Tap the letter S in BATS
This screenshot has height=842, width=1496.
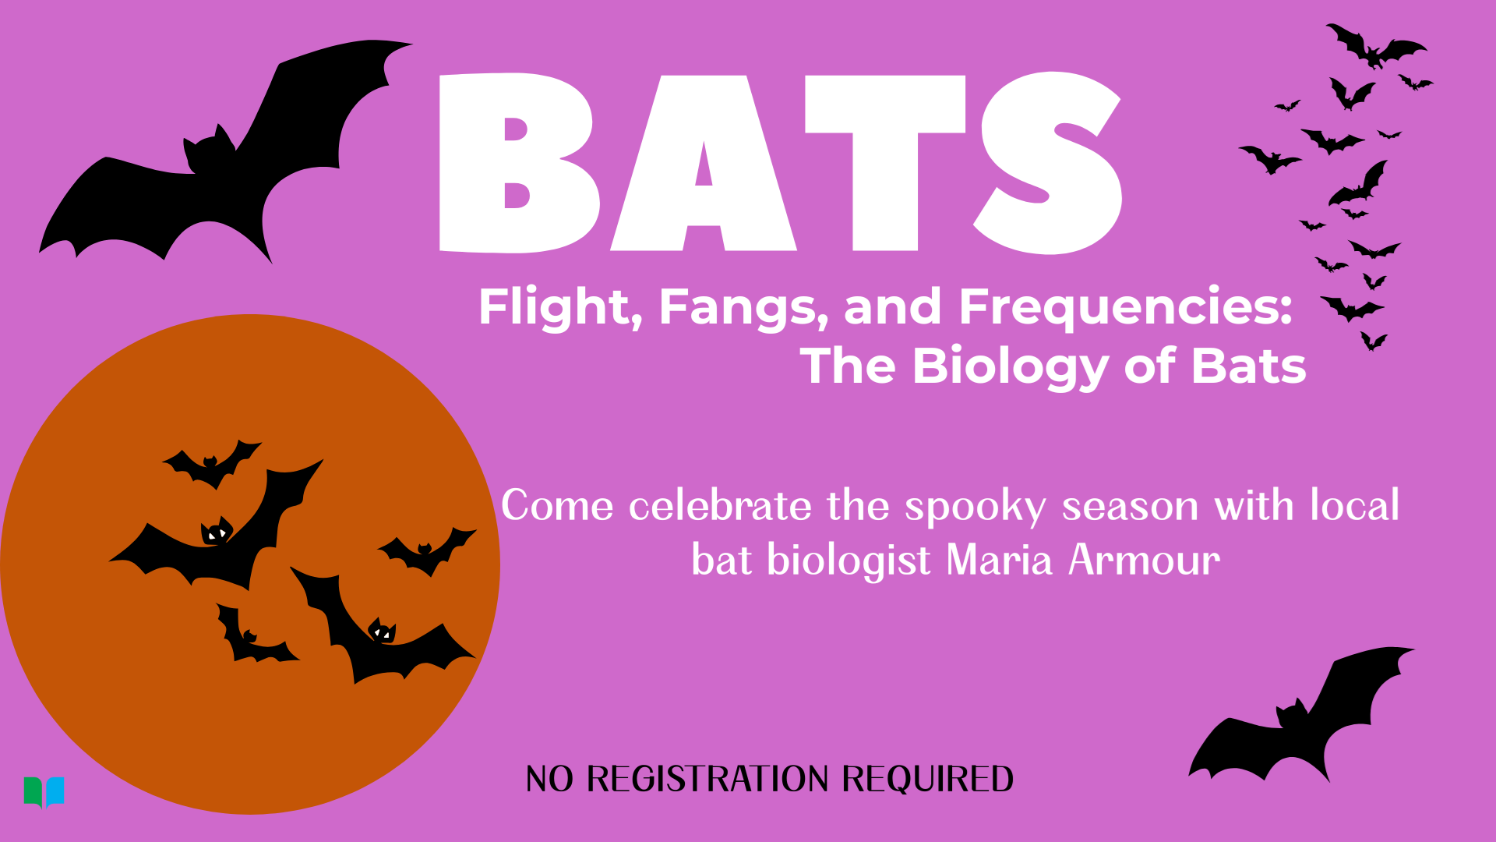click(x=1048, y=163)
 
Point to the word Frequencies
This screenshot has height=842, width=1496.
click(x=1126, y=308)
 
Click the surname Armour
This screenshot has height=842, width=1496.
click(x=1144, y=560)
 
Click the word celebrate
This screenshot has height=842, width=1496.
click(x=721, y=505)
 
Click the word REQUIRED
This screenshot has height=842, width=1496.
click(x=928, y=780)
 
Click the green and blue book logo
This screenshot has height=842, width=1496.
click(x=44, y=792)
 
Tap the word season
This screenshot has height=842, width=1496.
click(x=1130, y=507)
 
